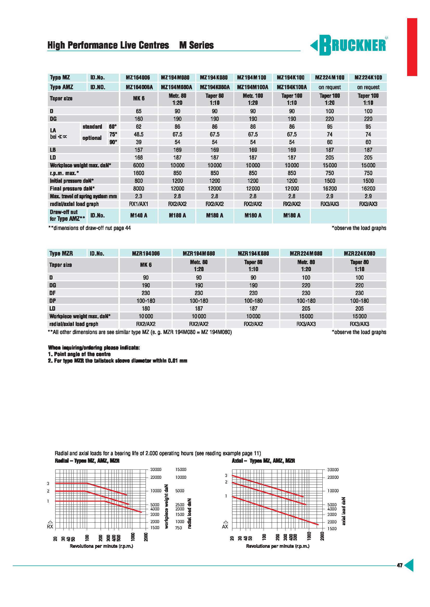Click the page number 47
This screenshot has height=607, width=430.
(400, 565)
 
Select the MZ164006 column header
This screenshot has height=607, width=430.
(139, 77)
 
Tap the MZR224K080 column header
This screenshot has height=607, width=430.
(359, 253)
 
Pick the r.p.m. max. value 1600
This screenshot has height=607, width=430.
(139, 173)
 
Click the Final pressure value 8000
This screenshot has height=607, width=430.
(139, 188)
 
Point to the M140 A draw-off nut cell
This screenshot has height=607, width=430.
(139, 215)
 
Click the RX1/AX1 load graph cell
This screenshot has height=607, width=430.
(139, 204)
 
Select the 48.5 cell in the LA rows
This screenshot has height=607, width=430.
(139, 134)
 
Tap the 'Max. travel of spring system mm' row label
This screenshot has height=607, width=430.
(83, 196)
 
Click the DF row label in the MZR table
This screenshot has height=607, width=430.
(52, 293)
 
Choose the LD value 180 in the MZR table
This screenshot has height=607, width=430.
(146, 308)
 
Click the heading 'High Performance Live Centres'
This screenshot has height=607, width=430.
(108, 45)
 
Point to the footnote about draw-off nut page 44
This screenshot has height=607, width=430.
(89, 228)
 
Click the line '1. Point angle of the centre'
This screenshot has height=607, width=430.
(79, 354)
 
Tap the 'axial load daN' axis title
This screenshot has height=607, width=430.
(344, 511)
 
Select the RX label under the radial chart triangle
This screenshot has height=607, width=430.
(50, 527)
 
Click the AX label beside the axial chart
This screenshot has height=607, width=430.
(225, 527)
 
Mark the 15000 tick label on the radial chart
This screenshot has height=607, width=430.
(181, 469)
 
